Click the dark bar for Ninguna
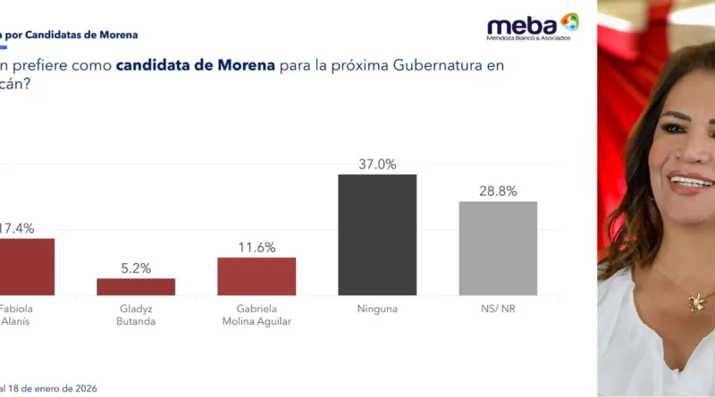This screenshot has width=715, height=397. [376, 235]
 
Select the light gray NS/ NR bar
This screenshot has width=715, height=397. [498, 248]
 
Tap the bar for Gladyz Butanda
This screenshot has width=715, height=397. [136, 286]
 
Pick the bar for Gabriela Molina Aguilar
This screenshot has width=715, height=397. [257, 276]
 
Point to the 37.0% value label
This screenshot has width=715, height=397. [376, 164]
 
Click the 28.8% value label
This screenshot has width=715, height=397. [498, 191]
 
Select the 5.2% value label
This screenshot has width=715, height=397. [136, 268]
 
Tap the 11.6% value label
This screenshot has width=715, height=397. [257, 247]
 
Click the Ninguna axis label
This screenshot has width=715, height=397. [376, 309]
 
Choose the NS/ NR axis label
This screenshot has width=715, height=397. [498, 309]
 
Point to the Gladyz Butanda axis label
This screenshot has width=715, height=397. [136, 315]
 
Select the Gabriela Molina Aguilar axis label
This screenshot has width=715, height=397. [257, 315]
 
